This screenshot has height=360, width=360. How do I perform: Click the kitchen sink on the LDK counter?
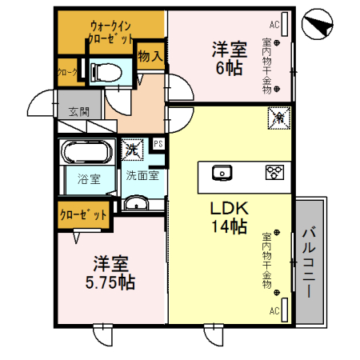222,171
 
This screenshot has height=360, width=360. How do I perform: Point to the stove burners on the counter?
274,171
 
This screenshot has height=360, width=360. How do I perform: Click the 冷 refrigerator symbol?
278,117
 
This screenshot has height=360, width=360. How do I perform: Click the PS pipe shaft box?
158,145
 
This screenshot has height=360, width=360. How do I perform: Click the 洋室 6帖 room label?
227,58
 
